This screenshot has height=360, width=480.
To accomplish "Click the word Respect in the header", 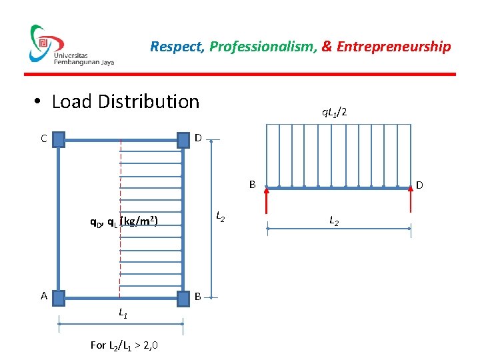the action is (x=177, y=47).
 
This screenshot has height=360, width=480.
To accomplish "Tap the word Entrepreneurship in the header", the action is (x=393, y=47).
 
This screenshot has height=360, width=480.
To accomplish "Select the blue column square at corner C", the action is (x=59, y=139).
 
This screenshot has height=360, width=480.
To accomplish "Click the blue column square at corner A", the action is (x=59, y=297).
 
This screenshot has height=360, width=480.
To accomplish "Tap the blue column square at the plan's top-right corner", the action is (x=183, y=139).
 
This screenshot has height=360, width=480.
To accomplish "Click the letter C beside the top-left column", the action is (x=43, y=139).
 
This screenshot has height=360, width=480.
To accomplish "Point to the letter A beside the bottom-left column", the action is (x=44, y=295).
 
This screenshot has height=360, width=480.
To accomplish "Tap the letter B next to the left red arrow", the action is (x=253, y=183).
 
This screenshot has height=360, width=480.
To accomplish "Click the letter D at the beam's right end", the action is (x=420, y=185).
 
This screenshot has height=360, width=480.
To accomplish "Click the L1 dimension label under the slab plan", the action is (x=123, y=311).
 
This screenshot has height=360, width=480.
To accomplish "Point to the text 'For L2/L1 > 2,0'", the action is (x=124, y=345).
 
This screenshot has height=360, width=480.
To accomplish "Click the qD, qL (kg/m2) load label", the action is (x=124, y=221).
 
